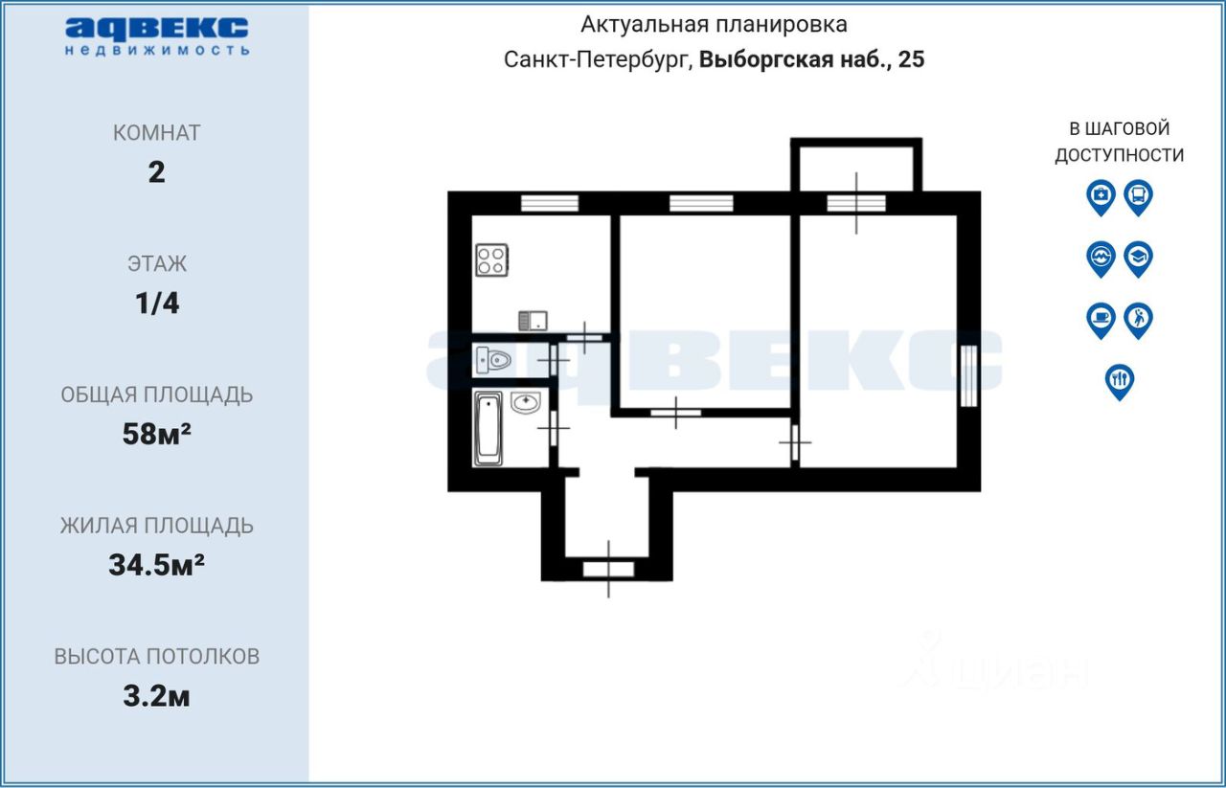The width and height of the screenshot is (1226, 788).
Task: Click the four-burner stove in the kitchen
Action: [x=492, y=259]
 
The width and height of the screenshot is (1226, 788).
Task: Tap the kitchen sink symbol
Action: [x=534, y=321]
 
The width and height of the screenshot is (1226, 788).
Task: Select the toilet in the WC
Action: [x=493, y=360]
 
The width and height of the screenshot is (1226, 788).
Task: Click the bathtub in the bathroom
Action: [x=488, y=429]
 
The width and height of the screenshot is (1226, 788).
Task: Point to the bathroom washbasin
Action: [x=526, y=403]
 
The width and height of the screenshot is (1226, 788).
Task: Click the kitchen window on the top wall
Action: [x=550, y=204]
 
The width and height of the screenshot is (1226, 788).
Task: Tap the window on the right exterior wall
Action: [x=968, y=376]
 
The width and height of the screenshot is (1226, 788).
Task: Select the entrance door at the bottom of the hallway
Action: [x=608, y=569]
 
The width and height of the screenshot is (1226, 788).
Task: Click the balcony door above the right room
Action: [x=856, y=204]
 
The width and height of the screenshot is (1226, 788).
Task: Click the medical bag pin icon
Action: [x=1101, y=197]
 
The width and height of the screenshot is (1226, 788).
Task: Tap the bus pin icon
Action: [x=1139, y=197]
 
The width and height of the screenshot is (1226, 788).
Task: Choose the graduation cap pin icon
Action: [x=1139, y=259]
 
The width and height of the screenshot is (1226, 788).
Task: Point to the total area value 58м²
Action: [x=156, y=434]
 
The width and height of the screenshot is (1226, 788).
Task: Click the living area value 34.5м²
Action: [x=156, y=565]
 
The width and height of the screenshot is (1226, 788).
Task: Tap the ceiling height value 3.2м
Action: [x=156, y=696]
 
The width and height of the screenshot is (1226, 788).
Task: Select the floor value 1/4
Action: [x=157, y=304]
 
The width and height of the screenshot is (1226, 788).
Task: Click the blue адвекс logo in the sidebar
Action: [x=157, y=36]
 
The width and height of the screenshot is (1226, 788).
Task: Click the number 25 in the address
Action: [x=911, y=59]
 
